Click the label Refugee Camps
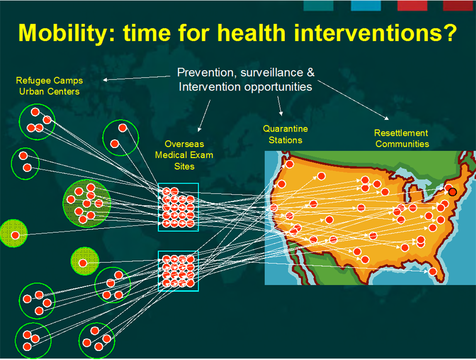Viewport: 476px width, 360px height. click(x=49, y=81)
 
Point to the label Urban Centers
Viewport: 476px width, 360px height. click(x=49, y=91)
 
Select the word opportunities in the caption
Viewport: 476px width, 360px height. click(x=278, y=87)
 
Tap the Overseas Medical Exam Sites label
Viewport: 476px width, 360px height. click(x=184, y=155)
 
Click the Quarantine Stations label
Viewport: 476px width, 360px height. click(x=285, y=134)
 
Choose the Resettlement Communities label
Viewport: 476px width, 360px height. click(x=402, y=138)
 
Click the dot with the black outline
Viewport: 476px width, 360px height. click(x=453, y=191)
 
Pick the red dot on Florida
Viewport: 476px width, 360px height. click(x=433, y=271)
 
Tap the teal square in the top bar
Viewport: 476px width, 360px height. click(x=319, y=5)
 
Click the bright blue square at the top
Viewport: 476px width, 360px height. click(x=366, y=5)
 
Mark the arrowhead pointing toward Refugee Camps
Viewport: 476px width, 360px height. click(x=105, y=80)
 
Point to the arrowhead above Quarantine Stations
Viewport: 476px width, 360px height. click(x=281, y=113)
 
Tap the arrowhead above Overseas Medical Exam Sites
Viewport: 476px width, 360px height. click(x=199, y=129)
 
